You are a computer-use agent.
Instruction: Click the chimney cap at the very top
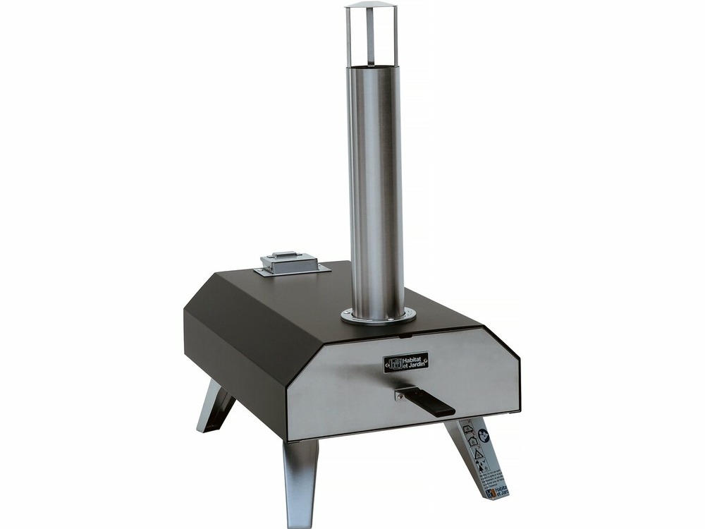pos(371,7)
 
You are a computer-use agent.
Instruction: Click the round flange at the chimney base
pos(378,316)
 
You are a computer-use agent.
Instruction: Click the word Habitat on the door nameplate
pos(412,359)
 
